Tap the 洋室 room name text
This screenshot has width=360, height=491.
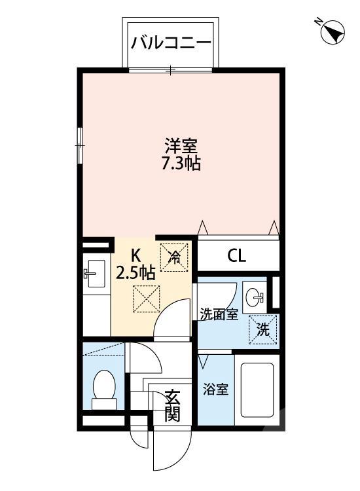[181, 145]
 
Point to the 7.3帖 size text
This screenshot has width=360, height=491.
[181, 164]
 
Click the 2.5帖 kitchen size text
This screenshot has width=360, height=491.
[135, 272]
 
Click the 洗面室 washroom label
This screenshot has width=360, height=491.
[218, 314]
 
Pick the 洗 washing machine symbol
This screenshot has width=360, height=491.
[262, 330]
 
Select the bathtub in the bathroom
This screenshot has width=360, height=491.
[257, 391]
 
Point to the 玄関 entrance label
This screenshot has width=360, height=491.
[171, 406]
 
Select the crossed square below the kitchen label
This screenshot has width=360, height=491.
[145, 299]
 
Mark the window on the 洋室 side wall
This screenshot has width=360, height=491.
[80, 145]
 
